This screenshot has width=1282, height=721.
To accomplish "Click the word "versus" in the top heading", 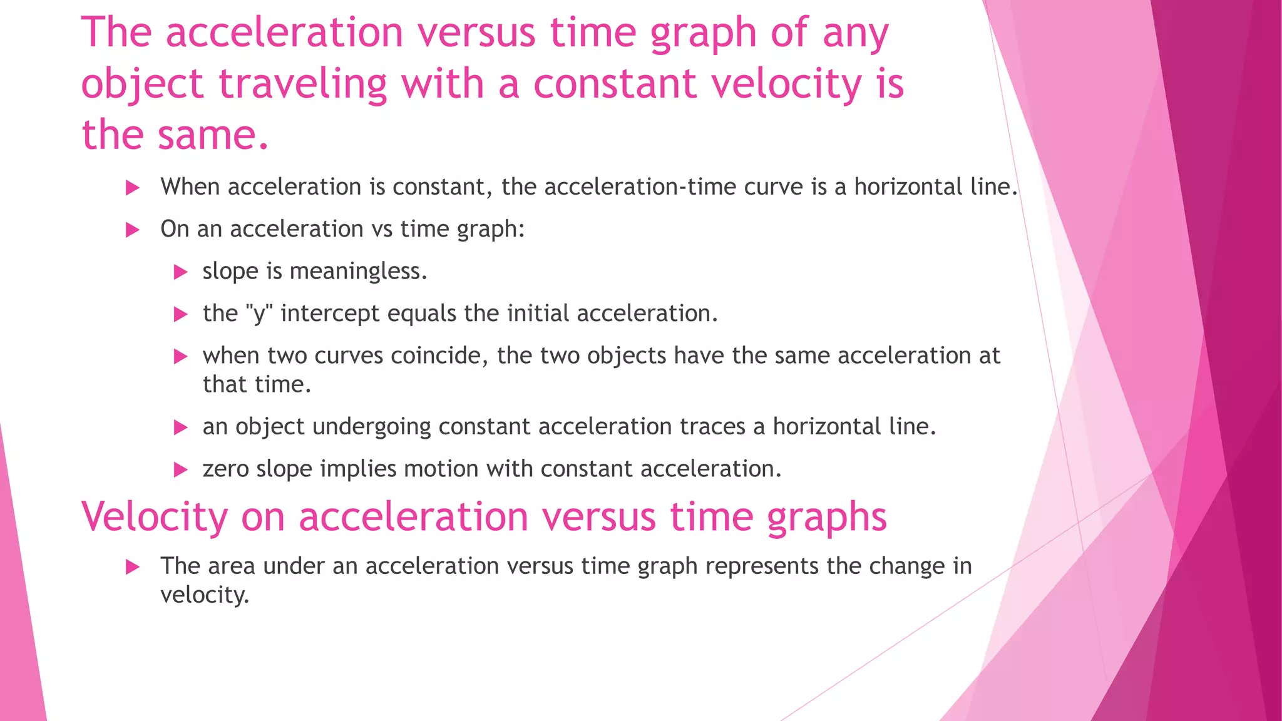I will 476,33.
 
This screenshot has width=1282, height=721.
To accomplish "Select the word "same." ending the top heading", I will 213,135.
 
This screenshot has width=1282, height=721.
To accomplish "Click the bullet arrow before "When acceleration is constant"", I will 132,188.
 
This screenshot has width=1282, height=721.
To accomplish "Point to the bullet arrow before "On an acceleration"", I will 132,230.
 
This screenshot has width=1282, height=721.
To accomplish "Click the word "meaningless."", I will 358,271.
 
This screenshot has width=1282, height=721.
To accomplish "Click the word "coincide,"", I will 439,355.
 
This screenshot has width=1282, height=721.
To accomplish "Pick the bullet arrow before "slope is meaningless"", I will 180,272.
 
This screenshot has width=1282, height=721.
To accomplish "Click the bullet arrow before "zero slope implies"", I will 180,469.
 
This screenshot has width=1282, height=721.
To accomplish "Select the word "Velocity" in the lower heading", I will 154,517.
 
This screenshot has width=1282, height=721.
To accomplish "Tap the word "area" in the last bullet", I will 231,566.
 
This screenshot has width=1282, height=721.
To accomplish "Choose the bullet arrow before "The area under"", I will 132,567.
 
